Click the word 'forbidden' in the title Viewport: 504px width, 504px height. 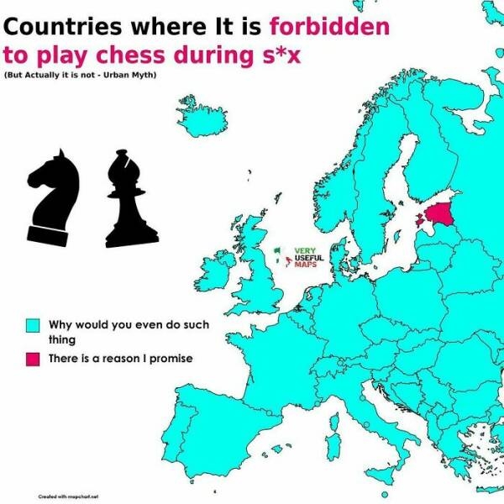coord(329,26)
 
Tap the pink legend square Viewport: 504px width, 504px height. coord(33,360)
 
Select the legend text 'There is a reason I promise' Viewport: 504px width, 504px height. coord(121,359)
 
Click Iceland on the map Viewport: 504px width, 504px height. coord(202,118)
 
